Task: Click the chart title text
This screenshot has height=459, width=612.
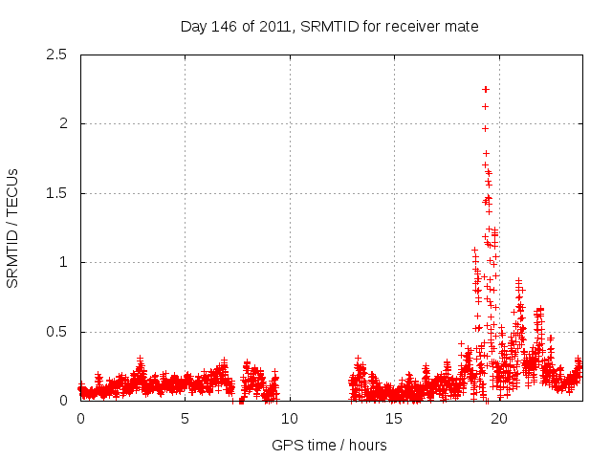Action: coord(329,26)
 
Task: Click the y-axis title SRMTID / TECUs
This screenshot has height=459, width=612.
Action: coord(12,228)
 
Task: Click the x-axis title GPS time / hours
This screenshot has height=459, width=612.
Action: coord(329,445)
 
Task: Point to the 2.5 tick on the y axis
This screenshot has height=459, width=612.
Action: coord(56,55)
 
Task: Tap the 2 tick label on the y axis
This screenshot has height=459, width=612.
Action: coord(62,123)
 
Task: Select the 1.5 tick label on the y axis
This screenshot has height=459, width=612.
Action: coord(56,193)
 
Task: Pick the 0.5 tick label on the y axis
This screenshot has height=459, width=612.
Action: coord(56,332)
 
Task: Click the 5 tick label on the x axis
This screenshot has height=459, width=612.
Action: coord(185,418)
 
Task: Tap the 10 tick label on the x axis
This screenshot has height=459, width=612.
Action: coord(289,418)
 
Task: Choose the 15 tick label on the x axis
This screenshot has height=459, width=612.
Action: coord(393,418)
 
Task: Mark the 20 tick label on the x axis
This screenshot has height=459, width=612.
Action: coord(497,418)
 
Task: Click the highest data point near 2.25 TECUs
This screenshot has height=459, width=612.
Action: coord(486,89)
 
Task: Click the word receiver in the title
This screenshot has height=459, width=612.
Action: coord(412,26)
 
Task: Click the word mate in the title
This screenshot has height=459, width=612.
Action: coord(461,26)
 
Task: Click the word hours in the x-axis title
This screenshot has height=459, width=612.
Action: coord(367,445)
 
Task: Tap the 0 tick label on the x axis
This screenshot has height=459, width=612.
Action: coord(80,418)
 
